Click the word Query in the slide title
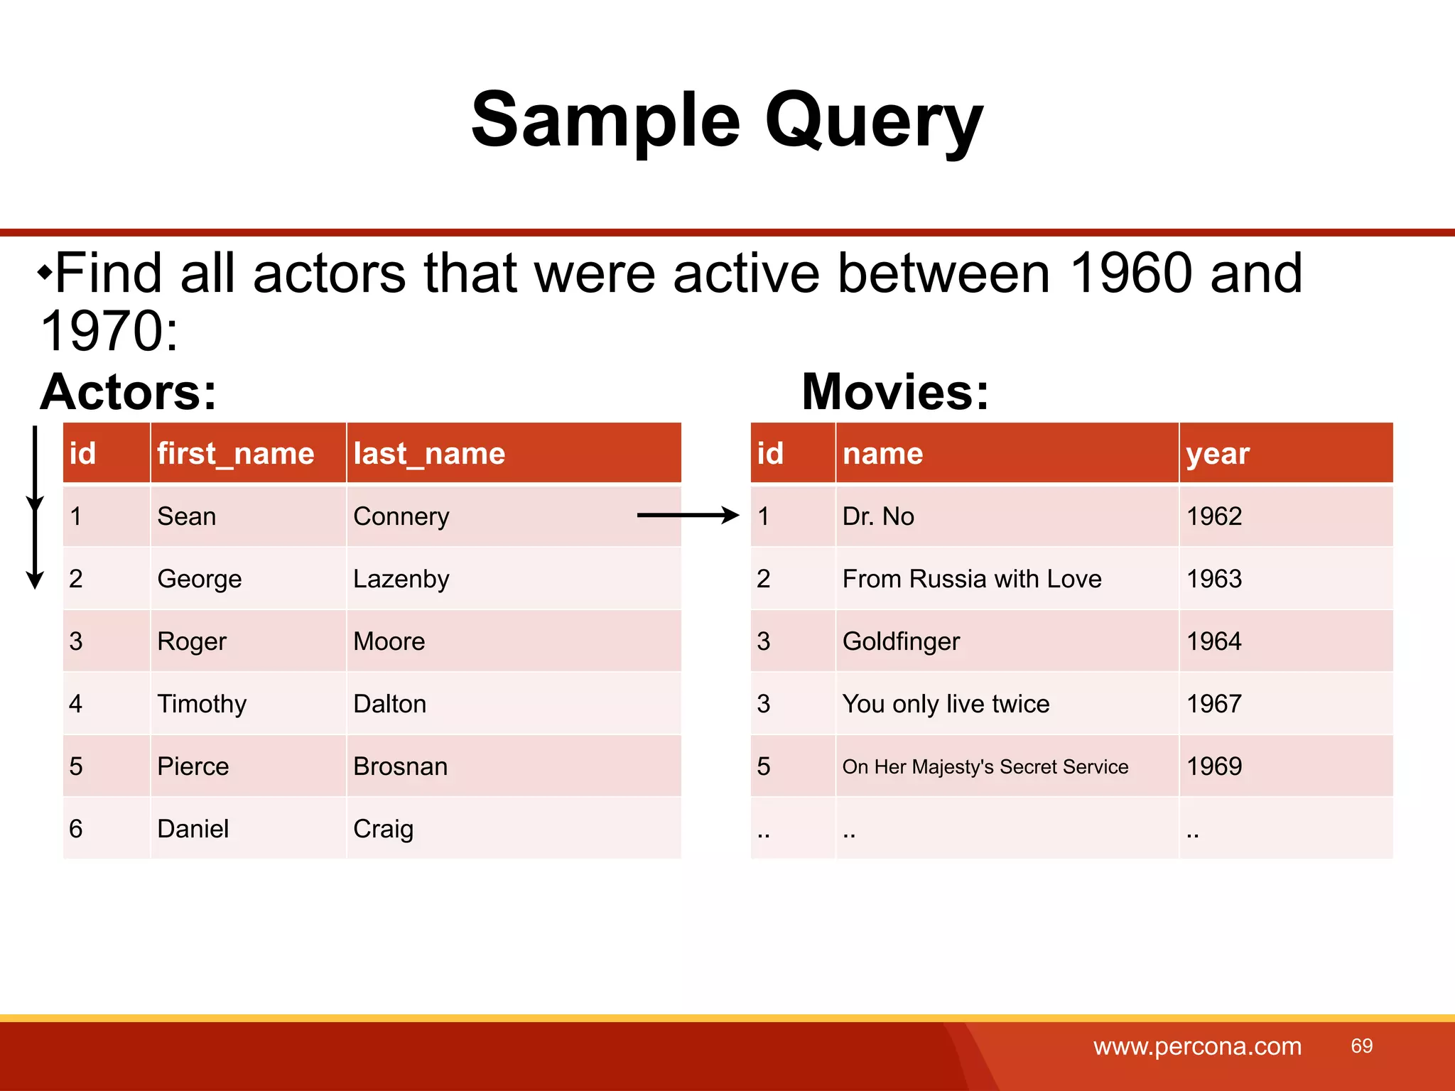point(873,121)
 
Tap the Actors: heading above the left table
point(128,392)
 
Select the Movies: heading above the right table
point(894,392)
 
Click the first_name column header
point(235,453)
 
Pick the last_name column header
point(429,453)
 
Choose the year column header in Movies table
point(1217,453)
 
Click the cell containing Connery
point(401,516)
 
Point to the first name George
point(199,579)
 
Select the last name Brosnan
point(400,766)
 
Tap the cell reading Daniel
point(193,829)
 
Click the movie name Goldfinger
point(900,641)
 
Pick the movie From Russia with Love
point(971,579)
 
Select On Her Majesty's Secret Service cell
point(985,767)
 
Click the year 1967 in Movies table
point(1213,704)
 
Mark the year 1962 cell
point(1213,516)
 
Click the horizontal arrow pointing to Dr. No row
point(687,515)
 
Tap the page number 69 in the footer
point(1361,1046)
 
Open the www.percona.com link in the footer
point(1197,1046)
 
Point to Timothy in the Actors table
point(202,704)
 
